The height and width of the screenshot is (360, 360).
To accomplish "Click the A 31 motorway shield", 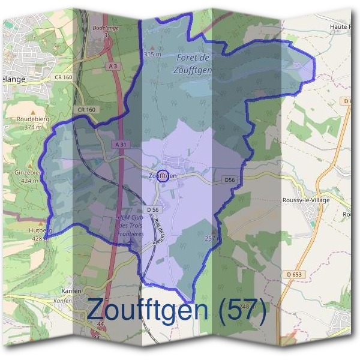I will coord(120,145).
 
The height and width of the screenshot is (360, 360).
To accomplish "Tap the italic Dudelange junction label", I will coord(106,28).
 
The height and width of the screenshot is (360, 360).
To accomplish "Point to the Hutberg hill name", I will coord(41,230).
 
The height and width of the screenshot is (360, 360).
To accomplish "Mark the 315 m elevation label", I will coord(153,54).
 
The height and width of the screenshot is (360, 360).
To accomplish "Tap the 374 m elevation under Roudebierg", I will coord(29,127).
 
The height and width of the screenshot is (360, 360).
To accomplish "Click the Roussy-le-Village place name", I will coord(305,200).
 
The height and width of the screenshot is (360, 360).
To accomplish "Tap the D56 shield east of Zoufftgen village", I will coord(230,179).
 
